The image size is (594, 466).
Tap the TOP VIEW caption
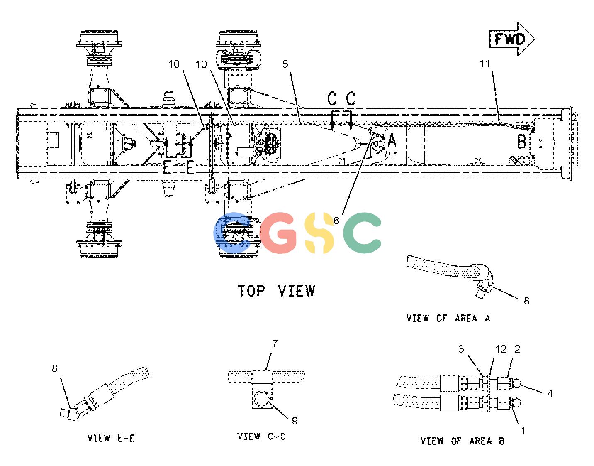click(x=276, y=291)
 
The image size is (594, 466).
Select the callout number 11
click(x=484, y=64)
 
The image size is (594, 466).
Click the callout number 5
click(x=285, y=64)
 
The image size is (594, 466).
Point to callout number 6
click(x=336, y=221)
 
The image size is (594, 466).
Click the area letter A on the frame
click(x=392, y=140)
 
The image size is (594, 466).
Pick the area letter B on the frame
click(x=521, y=142)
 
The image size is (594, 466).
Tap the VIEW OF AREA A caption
click(x=448, y=318)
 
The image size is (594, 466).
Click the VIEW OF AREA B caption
click(x=462, y=441)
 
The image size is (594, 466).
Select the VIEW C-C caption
click(x=261, y=436)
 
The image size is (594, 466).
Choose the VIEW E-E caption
click(x=111, y=438)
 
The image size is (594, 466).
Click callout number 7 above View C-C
click(x=275, y=343)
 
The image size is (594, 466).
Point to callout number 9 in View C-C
click(x=295, y=421)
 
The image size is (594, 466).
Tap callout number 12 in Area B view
click(x=501, y=349)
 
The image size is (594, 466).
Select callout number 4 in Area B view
click(x=550, y=393)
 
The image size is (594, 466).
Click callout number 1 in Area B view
click(x=523, y=431)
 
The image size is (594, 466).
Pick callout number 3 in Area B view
click(x=461, y=349)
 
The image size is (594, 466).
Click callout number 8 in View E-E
click(x=55, y=368)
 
